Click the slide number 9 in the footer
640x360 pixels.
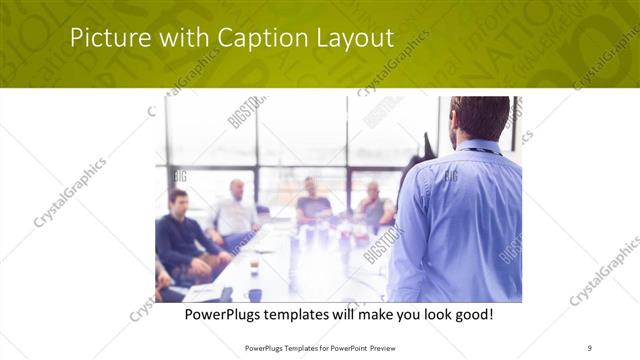[589, 347]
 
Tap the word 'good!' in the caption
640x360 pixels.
[470, 315]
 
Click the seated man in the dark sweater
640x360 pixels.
[180, 235]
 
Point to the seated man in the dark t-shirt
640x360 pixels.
[312, 202]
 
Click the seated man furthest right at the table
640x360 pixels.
[374, 204]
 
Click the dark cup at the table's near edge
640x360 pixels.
[254, 294]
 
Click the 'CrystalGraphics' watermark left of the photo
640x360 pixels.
[70, 192]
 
